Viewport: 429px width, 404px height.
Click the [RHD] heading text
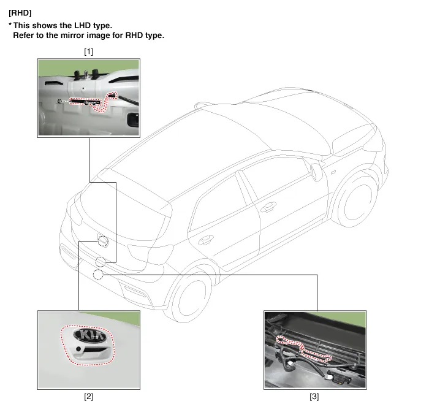(x=20, y=13)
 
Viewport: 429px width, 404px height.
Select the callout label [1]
(x=89, y=51)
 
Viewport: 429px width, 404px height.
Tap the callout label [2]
(x=89, y=396)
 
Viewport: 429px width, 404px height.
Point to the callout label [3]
(x=314, y=396)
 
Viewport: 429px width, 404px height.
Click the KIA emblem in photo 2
(x=89, y=335)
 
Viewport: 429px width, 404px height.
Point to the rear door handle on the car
(x=206, y=240)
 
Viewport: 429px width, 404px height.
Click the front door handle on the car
(x=268, y=207)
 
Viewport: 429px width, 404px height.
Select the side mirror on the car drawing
(x=316, y=172)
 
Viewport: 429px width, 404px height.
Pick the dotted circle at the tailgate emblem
(x=103, y=240)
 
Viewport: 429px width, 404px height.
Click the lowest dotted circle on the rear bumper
(x=98, y=274)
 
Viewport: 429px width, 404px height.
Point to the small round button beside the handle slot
(x=78, y=349)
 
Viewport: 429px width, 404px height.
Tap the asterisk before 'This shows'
(x=10, y=25)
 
